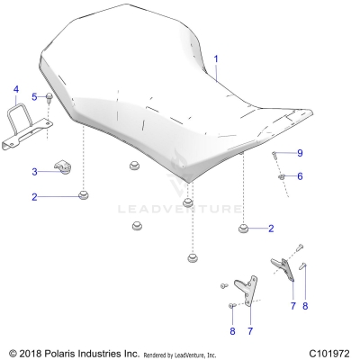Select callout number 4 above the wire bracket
[x=14, y=89]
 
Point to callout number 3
[x=34, y=171]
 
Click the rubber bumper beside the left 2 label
[x=84, y=195]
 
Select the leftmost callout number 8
[x=232, y=332]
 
